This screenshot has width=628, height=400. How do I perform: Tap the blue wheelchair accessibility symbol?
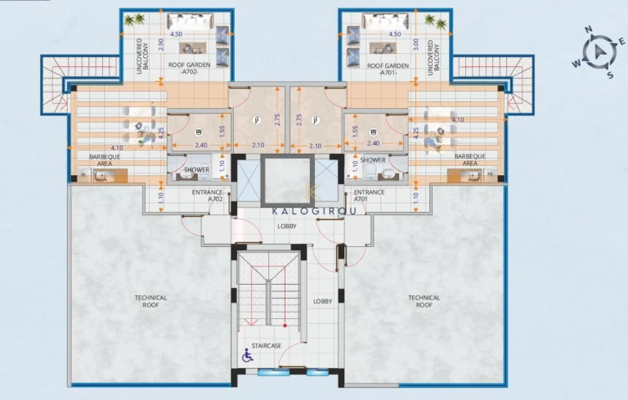[x=246, y=355]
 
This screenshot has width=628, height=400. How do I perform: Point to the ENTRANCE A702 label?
[x=207, y=195]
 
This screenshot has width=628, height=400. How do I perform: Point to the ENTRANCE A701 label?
[x=370, y=195]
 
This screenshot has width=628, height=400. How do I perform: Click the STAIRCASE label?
[x=266, y=345]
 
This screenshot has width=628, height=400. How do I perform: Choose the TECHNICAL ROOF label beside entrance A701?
[x=424, y=301]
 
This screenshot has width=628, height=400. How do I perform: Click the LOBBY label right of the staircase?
[x=323, y=301]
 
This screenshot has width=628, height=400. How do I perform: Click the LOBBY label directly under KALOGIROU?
[x=287, y=226]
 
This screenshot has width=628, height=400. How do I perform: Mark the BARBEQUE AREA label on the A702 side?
[x=94, y=159]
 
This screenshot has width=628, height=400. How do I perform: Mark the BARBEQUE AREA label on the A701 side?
[x=470, y=159]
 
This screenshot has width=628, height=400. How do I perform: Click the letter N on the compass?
[x=587, y=29]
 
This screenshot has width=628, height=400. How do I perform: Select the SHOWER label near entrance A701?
[x=373, y=160]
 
